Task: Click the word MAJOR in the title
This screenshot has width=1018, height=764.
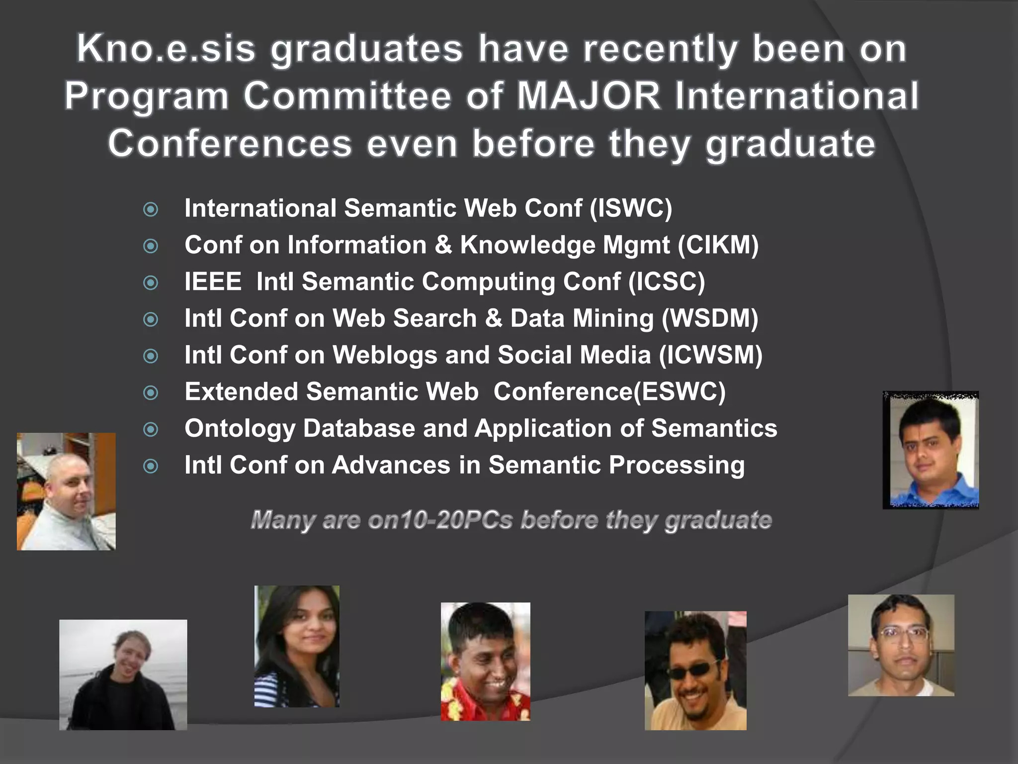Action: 589,95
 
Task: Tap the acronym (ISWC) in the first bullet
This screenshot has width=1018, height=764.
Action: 631,208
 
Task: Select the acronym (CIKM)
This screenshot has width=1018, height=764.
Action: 718,245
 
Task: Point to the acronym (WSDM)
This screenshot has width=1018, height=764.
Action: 710,318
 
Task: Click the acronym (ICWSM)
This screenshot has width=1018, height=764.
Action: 711,355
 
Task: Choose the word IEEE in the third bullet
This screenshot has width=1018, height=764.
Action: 213,282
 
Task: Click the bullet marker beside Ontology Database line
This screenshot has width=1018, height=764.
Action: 151,429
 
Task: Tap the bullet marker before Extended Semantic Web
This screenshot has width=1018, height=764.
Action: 151,393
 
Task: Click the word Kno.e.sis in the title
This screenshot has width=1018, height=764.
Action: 166,49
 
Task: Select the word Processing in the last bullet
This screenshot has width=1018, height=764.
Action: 677,465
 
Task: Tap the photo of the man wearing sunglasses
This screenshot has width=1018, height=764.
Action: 695,670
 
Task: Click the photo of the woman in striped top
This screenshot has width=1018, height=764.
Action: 297,646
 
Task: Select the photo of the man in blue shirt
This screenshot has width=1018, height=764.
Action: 931,450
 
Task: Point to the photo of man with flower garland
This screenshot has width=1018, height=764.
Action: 485,662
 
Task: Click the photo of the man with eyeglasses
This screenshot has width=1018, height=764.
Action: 901,645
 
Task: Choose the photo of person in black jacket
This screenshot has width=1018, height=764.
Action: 123,674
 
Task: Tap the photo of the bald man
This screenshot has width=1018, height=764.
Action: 66,491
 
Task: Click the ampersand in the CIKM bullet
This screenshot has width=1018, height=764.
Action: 443,245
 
